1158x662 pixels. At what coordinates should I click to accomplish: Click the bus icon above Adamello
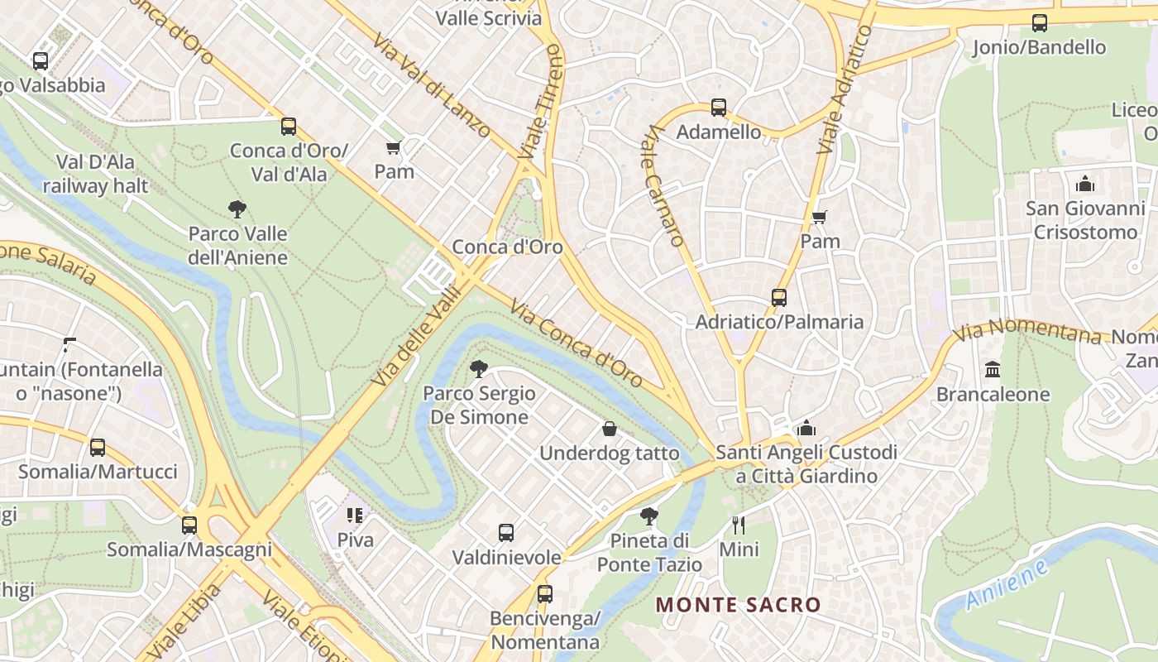[x=718, y=108]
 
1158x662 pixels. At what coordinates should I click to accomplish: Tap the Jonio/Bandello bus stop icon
[x=1040, y=23]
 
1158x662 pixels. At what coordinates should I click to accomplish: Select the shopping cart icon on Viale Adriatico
[x=819, y=218]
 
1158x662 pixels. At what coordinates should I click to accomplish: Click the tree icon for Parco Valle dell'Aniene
[x=237, y=209]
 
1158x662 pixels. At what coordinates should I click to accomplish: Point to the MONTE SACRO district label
[x=739, y=605]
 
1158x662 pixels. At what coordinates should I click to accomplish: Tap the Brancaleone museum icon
[x=993, y=370]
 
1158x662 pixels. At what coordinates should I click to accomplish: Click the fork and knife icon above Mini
[x=739, y=525]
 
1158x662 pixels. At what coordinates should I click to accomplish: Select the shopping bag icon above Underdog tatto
[x=610, y=429]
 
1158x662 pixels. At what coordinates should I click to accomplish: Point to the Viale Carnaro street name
[x=664, y=185]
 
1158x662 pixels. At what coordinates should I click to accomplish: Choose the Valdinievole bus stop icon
[x=506, y=533]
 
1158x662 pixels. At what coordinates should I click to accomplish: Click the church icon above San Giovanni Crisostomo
[x=1084, y=184]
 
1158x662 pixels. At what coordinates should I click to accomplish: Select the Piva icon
[x=355, y=516]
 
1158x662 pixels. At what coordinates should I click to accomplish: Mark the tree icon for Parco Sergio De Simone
[x=478, y=369]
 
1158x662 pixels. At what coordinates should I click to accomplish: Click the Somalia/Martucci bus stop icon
[x=98, y=448]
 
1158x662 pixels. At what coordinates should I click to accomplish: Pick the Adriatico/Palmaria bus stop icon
[x=778, y=298]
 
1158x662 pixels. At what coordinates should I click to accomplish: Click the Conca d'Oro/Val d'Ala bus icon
[x=289, y=127]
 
